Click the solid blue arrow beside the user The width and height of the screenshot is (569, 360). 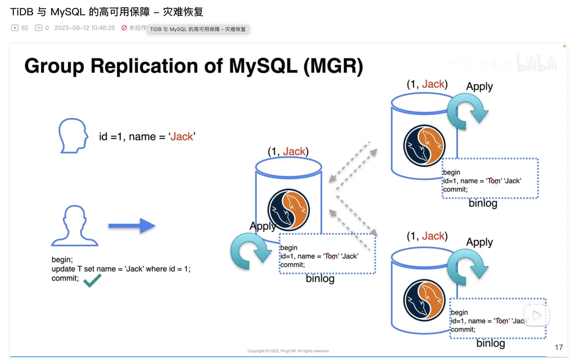click(x=132, y=226)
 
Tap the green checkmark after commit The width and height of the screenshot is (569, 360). click(x=92, y=281)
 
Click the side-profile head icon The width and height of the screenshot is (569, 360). click(x=73, y=136)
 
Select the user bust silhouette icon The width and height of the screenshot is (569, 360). click(x=74, y=226)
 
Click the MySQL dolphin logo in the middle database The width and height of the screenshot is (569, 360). click(x=288, y=210)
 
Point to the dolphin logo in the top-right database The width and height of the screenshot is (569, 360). click(x=424, y=145)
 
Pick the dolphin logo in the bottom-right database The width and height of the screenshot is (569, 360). click(x=424, y=300)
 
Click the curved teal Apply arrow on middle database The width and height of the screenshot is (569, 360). click(x=250, y=251)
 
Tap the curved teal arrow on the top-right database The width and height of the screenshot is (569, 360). click(x=467, y=111)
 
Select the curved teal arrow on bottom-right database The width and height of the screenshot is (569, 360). click(x=467, y=266)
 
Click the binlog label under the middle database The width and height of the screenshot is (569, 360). click(x=320, y=278)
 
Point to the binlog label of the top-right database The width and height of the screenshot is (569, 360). click(x=483, y=203)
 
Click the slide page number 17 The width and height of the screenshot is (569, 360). click(x=559, y=347)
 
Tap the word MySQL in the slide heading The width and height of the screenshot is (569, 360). click(x=263, y=66)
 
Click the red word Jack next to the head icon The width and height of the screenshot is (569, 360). click(x=182, y=137)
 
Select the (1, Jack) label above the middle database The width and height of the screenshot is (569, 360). click(x=288, y=152)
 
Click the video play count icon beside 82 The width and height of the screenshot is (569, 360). click(x=15, y=28)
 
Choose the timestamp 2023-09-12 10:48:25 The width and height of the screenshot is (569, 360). click(x=84, y=28)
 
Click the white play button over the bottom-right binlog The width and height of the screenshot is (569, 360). click(x=536, y=316)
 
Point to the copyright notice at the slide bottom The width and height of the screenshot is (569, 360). click(x=288, y=351)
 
